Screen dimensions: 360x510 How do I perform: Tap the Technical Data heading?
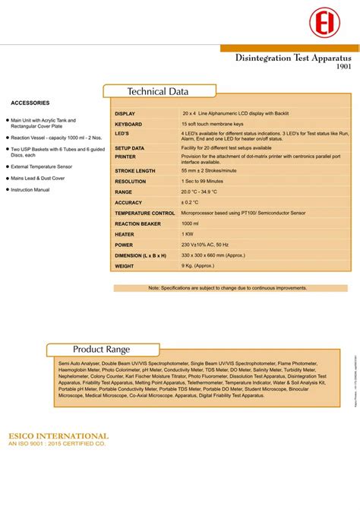[158, 92]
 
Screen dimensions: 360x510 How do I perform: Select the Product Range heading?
[101, 350]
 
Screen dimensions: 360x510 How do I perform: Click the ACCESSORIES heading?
[30, 103]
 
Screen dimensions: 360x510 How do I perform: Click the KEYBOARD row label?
[128, 123]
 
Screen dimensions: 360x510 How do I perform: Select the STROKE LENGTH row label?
[135, 171]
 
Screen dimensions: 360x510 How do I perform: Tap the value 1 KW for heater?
[188, 235]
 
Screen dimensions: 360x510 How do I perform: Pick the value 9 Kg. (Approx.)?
[197, 267]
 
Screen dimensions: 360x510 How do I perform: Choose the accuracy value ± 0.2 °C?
[190, 203]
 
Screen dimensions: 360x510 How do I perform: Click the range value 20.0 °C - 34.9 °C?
[205, 192]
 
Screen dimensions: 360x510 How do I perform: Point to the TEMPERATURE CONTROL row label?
[145, 214]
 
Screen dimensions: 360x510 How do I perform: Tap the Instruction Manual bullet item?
[30, 190]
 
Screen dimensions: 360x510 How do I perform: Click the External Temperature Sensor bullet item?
[42, 166]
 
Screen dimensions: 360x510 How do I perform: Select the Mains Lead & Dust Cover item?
[38, 178]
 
